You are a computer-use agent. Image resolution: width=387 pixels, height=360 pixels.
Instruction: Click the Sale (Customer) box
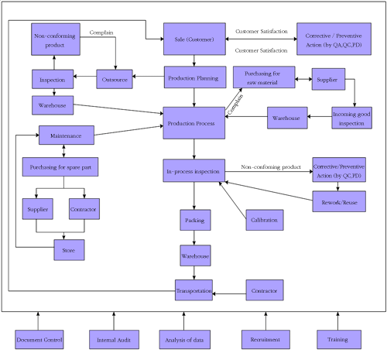194,39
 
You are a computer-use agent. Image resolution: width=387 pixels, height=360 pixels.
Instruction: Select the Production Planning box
195,77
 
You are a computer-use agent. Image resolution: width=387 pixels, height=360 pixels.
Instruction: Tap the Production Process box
194,123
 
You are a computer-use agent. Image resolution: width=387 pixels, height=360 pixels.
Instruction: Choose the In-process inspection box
194,170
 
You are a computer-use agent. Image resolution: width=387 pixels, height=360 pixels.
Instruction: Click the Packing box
195,220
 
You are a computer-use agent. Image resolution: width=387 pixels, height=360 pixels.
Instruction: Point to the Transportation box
193,290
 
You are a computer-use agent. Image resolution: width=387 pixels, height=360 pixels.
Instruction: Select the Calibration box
265,220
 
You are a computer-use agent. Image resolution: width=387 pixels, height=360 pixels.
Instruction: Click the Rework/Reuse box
339,201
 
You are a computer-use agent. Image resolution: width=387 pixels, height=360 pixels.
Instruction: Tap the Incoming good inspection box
351,118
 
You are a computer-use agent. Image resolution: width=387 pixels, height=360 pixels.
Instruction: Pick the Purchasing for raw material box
264,77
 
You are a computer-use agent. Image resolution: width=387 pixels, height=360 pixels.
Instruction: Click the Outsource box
115,79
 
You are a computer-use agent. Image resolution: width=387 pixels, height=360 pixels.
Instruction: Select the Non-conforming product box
56,39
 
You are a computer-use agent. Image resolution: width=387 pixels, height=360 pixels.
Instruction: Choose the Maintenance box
67,135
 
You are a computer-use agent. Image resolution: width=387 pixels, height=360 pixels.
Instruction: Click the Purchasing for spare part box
60,167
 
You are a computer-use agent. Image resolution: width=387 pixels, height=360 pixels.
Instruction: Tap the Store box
69,250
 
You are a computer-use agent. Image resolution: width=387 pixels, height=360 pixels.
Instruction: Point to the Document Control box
39,340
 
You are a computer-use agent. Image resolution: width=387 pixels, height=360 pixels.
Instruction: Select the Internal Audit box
114,340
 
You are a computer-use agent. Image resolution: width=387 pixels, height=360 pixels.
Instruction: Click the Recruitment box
265,340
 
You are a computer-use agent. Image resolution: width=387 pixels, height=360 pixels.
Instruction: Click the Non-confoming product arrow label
271,167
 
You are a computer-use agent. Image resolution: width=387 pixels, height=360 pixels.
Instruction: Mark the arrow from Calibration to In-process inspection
233,201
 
